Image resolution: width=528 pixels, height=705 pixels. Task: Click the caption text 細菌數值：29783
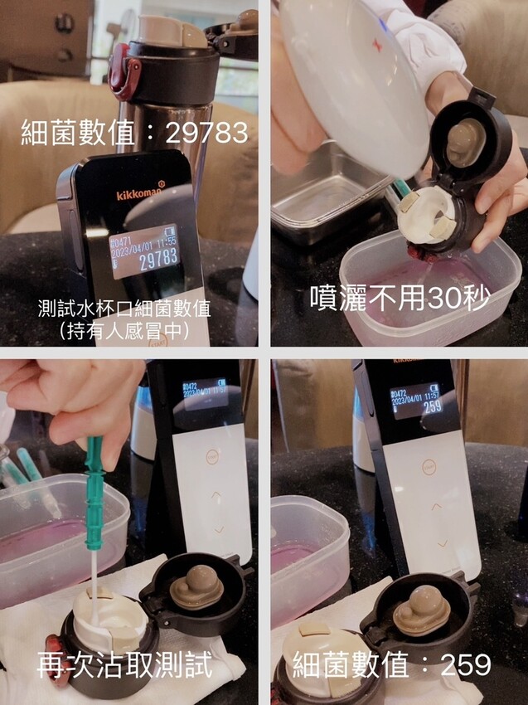click(134, 132)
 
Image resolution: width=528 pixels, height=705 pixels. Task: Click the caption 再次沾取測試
click(124, 664)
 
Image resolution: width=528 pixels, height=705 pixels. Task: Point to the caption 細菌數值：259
click(391, 664)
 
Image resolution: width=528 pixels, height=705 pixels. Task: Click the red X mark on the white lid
click(377, 46)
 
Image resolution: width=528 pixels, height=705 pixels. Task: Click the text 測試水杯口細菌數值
click(124, 308)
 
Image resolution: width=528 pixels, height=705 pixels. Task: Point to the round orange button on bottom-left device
click(211, 455)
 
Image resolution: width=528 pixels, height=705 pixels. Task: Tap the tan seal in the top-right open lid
click(467, 140)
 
